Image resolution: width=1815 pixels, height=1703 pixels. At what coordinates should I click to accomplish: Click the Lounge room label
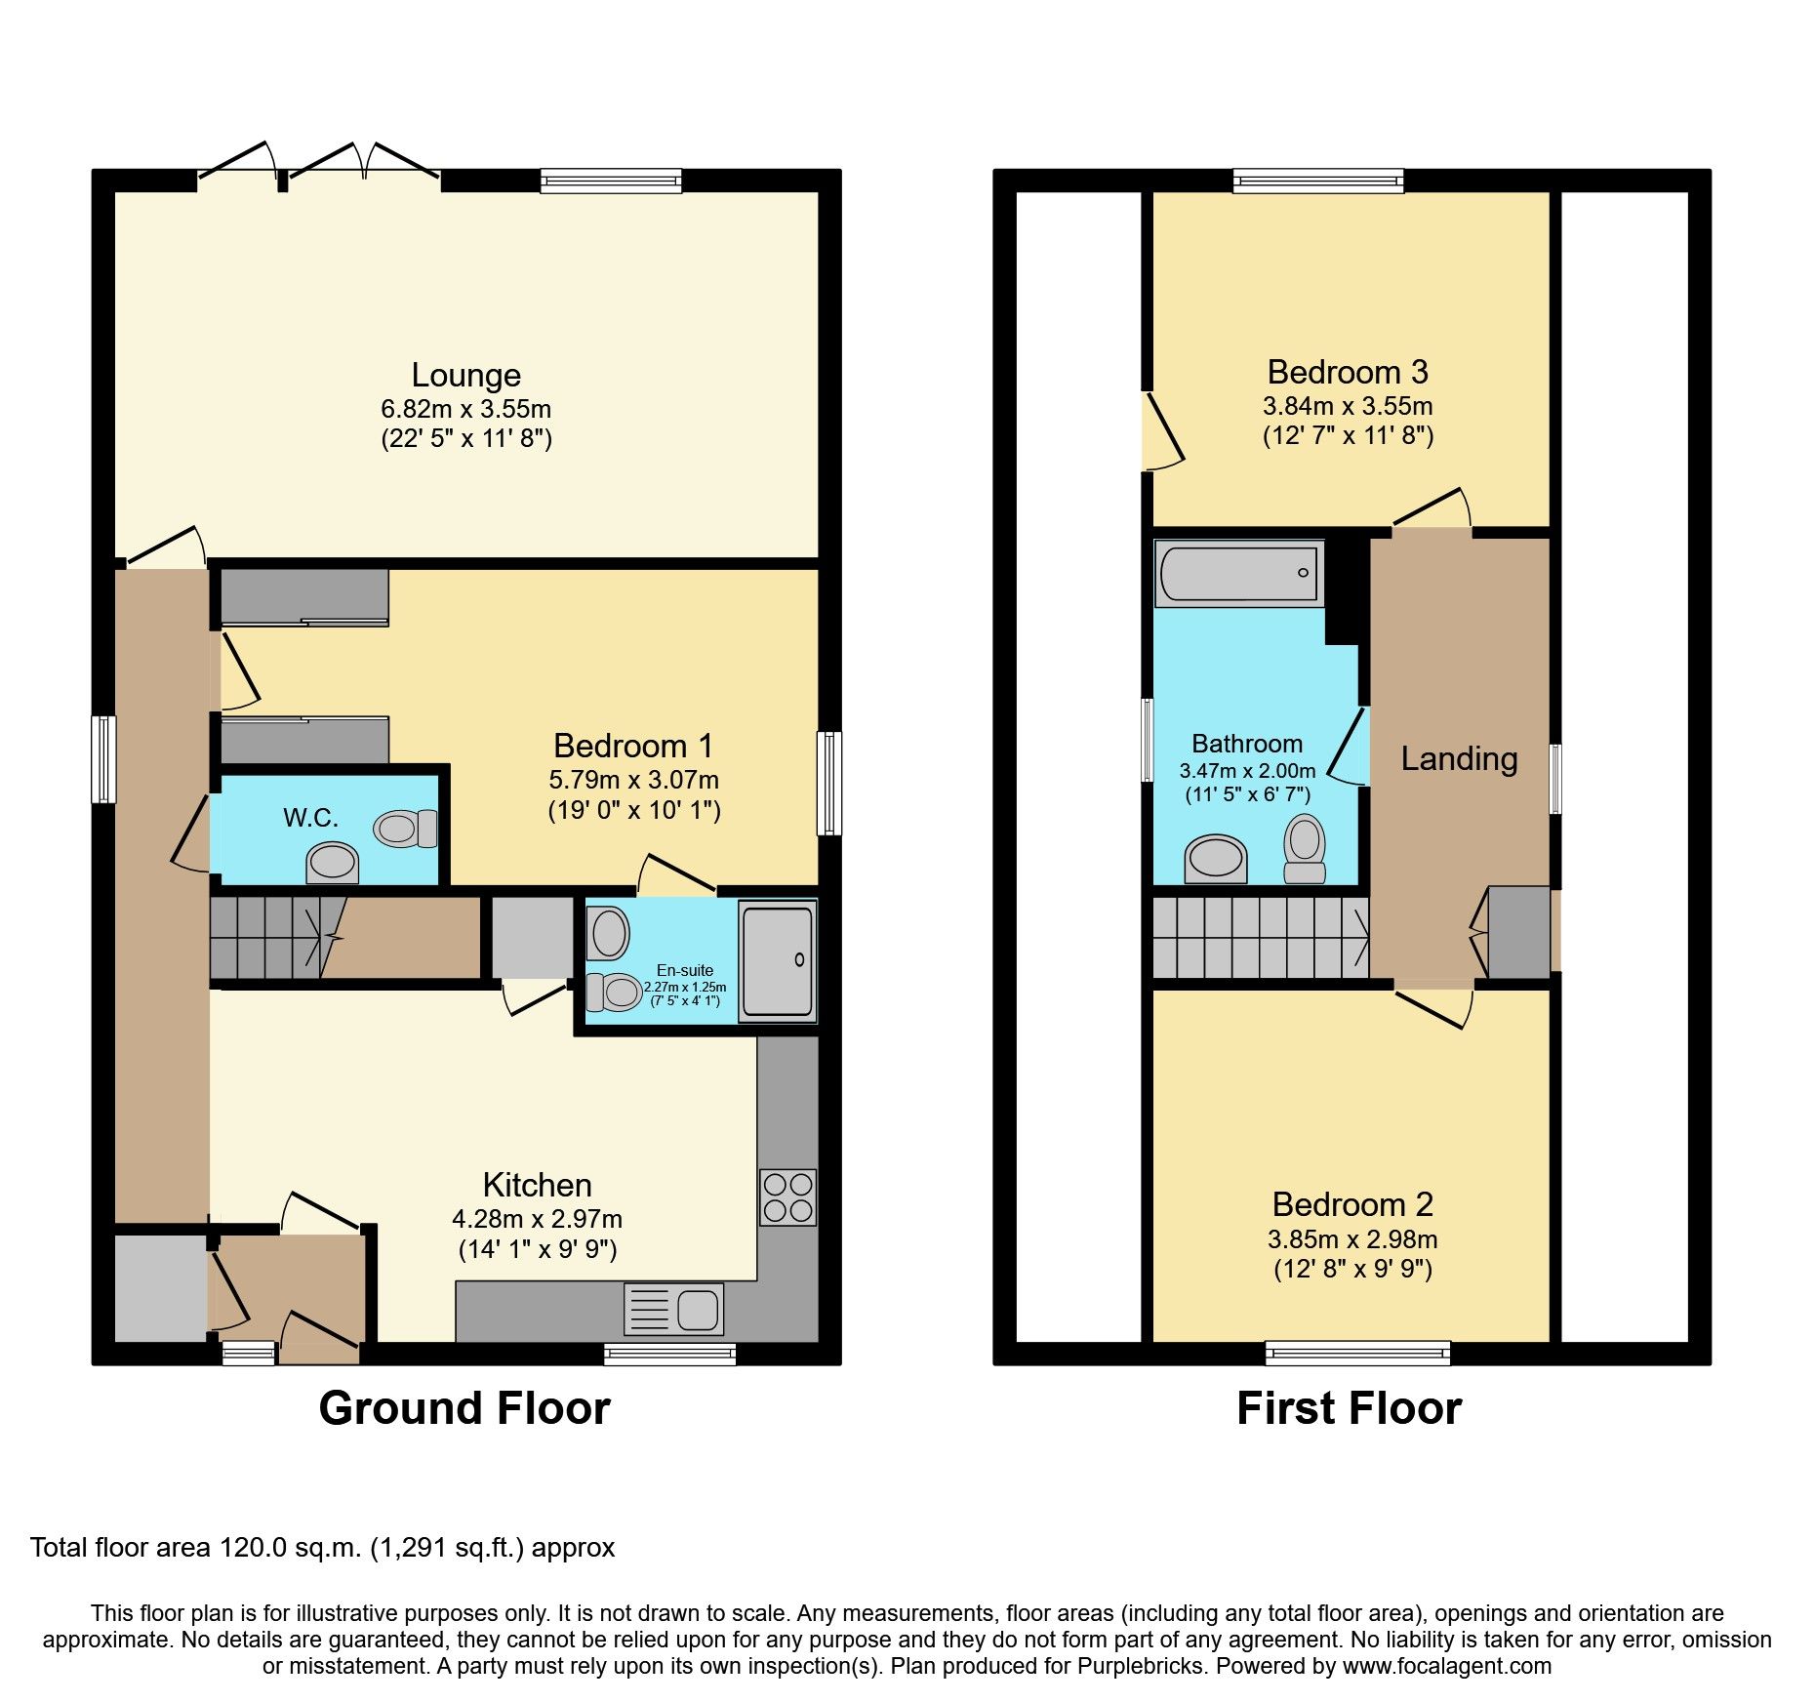coord(465,375)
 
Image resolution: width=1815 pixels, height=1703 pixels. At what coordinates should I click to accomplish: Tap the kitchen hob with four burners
coord(787,1197)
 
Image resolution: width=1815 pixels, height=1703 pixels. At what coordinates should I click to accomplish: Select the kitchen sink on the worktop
coord(673,1309)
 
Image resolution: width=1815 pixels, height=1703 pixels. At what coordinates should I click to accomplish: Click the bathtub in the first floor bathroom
coord(1237,573)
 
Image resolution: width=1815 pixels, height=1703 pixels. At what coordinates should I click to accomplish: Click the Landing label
coord(1459,758)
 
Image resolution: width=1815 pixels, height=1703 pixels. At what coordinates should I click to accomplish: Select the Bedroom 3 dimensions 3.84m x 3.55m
coord(1347,406)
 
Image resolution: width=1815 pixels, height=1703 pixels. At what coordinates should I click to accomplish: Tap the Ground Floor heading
coord(464,1408)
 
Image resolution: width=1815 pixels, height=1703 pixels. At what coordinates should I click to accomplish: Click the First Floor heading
coord(1349,1408)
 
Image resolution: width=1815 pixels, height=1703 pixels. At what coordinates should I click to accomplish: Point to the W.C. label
coord(310,818)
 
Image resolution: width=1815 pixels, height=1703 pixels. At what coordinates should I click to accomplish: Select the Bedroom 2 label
coord(1351,1204)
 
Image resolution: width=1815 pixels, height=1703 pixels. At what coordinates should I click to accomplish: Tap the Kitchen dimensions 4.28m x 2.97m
coord(537,1219)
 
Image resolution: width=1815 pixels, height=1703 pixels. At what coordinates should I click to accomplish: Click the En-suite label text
coord(684,970)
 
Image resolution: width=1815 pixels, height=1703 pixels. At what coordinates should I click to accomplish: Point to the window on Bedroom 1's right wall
coord(828,783)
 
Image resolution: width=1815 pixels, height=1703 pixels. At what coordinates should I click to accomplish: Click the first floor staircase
coord(1260,938)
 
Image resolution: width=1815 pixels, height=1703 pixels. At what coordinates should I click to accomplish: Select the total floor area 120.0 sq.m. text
coord(322,1548)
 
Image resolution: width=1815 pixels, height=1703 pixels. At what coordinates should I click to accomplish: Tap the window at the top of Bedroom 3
coord(1317,181)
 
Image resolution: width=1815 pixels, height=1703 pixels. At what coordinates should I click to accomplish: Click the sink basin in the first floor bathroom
coord(1215,858)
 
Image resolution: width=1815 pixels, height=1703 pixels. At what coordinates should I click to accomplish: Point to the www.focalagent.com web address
coord(1446,1666)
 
